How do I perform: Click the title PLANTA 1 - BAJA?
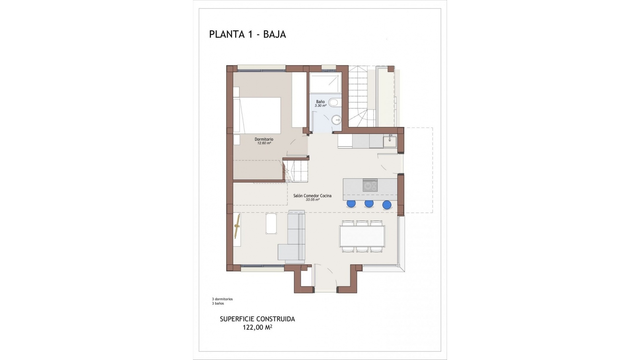click(x=247, y=34)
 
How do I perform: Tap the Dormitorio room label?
click(x=264, y=139)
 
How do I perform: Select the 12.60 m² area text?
click(x=264, y=143)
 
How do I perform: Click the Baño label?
click(x=320, y=102)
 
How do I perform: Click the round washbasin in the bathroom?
click(x=337, y=118)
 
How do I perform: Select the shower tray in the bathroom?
click(x=325, y=83)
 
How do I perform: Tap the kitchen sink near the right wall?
click(x=390, y=142)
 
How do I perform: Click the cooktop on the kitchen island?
click(x=370, y=185)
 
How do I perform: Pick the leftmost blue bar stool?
click(x=351, y=203)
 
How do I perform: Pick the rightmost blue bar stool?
click(x=387, y=205)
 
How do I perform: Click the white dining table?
click(x=362, y=236)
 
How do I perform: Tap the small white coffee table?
click(x=271, y=223)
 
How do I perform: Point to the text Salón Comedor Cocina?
click(x=312, y=196)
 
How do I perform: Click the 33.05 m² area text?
click(x=312, y=200)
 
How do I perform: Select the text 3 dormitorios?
click(x=222, y=299)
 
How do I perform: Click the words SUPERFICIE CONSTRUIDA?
click(x=257, y=319)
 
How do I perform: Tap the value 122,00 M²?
click(x=257, y=328)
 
